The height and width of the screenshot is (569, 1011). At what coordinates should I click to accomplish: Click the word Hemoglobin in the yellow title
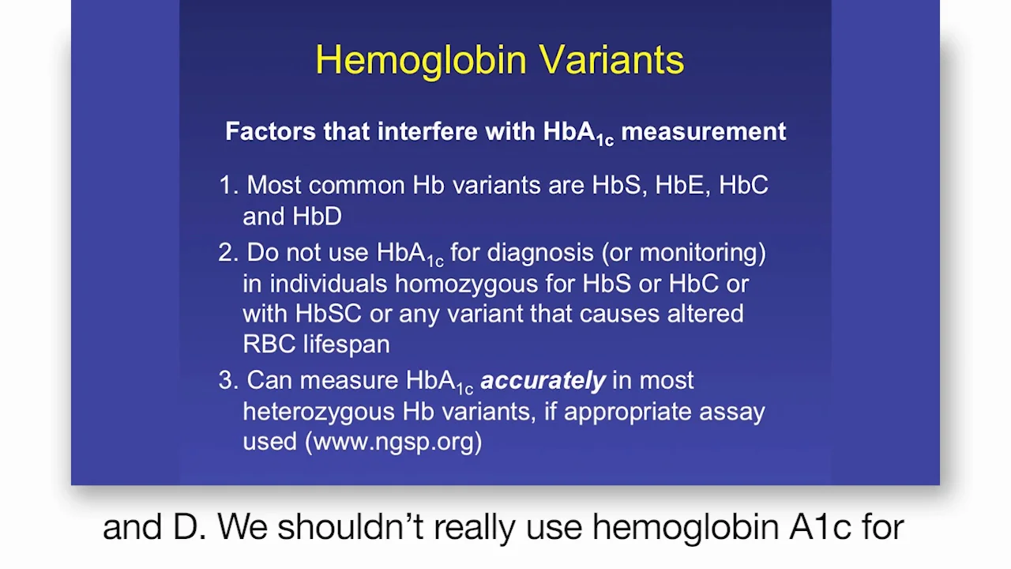coord(421,61)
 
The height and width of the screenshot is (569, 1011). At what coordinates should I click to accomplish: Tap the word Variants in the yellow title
coord(612,59)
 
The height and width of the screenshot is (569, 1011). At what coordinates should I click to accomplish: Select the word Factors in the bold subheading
coord(270,131)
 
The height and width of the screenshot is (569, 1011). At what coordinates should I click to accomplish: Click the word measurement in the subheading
coord(704,131)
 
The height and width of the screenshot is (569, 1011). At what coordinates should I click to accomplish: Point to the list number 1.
coord(228,185)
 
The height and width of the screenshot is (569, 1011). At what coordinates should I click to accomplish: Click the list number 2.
coord(228,252)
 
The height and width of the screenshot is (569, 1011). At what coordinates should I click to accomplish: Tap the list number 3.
coord(228,380)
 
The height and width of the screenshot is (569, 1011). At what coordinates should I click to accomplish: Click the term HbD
coord(317,217)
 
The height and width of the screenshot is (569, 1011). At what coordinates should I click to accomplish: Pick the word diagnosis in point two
coord(540,253)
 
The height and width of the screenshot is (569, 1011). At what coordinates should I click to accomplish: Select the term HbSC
coord(328,314)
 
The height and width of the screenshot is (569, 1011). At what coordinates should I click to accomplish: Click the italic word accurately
coord(543,381)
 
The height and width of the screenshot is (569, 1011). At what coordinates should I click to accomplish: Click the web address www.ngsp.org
coord(393,442)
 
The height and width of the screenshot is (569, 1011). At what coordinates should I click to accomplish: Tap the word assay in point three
coord(732,413)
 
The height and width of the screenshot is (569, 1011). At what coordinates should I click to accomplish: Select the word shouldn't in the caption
coord(350,526)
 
